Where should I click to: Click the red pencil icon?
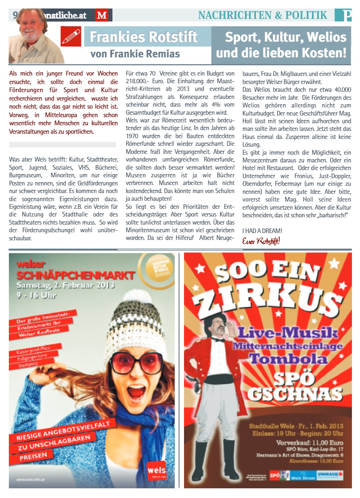pyautogui.click(x=71, y=36)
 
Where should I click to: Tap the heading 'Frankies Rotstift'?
pyautogui.click(x=144, y=37)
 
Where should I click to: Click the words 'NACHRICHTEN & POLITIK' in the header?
pyautogui.click(x=263, y=15)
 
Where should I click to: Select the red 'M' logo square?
pyautogui.click(x=101, y=16)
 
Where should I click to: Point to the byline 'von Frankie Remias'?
pyautogui.click(x=135, y=53)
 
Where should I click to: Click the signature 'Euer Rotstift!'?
pyautogui.click(x=261, y=241)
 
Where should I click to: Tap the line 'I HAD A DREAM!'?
pyautogui.click(x=262, y=231)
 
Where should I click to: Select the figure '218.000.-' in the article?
pyautogui.click(x=139, y=81)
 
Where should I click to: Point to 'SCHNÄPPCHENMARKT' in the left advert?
pyautogui.click(x=76, y=276)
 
